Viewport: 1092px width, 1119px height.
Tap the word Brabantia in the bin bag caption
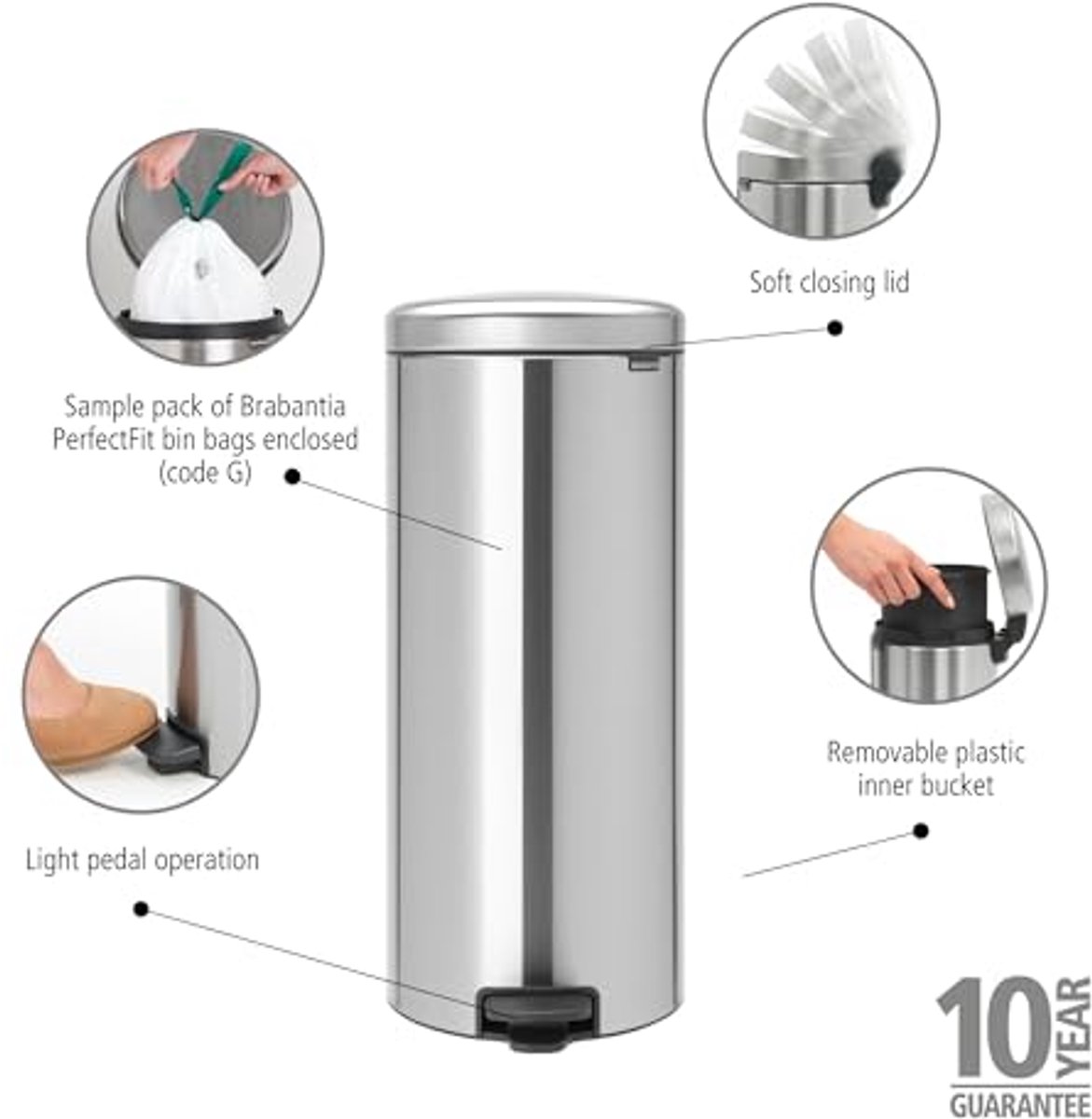point(292,407)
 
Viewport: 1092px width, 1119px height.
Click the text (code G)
point(205,474)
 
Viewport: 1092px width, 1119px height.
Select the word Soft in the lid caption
point(771,283)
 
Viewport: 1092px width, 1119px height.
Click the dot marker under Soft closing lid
point(835,328)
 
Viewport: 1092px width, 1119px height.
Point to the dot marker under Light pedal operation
point(141,909)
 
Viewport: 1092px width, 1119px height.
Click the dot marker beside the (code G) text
point(293,476)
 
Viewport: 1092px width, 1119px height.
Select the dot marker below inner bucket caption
point(921,831)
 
